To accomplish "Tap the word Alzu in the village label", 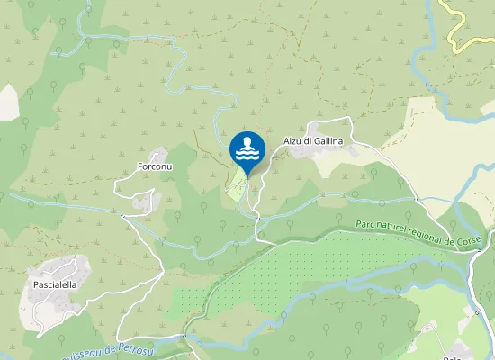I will coord(295,140).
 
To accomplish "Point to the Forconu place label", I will coord(154,167).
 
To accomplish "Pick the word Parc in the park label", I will coord(364,225).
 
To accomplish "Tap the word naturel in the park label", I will coord(389,229).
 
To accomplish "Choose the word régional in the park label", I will coord(423,236).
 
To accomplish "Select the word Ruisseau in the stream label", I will coord(79,354).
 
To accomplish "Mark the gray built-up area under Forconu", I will coord(144,201).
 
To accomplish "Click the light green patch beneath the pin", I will coord(235,186).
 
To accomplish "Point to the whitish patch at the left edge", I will coord(7,101).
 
